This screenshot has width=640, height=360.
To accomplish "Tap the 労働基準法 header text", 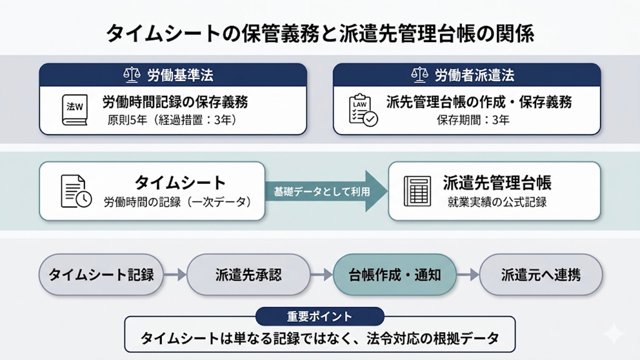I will [180, 75].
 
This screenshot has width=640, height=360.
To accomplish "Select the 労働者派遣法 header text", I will [474, 75].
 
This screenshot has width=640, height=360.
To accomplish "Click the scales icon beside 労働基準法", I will [131, 75].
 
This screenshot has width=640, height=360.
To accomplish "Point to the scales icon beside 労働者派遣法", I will [419, 75].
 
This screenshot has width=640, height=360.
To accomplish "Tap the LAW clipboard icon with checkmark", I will [362, 109].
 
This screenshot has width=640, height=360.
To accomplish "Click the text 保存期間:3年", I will [473, 120].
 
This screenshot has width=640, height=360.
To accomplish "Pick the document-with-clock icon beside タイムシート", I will [76, 191].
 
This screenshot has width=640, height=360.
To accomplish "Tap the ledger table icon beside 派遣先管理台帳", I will [417, 191].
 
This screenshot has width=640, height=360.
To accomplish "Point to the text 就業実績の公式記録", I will [497, 202].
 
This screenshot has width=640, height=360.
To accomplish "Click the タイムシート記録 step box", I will [101, 274].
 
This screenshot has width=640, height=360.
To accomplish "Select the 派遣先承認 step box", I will [248, 274].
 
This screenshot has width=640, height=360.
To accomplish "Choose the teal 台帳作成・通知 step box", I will [394, 274].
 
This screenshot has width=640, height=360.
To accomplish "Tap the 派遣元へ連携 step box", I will [541, 274].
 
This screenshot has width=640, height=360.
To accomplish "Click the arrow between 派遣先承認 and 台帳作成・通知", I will [321, 274].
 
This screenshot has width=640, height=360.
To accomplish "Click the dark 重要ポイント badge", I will [319, 316].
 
